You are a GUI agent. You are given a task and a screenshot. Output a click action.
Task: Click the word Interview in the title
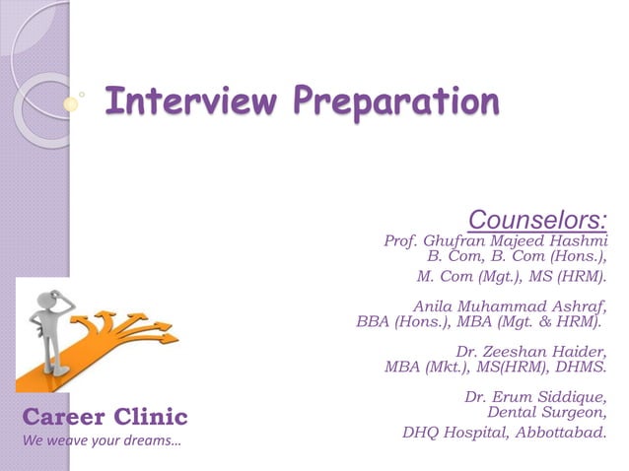pyautogui.click(x=171, y=100)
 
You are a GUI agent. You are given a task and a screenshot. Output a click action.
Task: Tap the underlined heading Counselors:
pyautogui.click(x=536, y=218)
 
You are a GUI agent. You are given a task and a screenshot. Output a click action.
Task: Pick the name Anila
pyautogui.click(x=435, y=305)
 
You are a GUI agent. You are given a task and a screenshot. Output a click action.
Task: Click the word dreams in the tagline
pyautogui.click(x=153, y=438)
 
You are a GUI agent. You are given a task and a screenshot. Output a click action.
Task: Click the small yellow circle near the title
pyautogui.click(x=70, y=101)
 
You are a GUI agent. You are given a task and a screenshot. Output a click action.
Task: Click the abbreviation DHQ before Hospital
pyautogui.click(x=421, y=431)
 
